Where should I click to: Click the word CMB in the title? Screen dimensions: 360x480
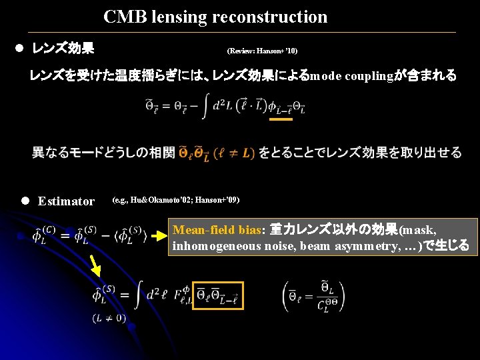[122, 17]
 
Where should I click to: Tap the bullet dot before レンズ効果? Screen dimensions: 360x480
[19, 49]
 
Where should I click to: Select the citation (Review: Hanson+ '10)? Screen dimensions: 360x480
[262, 51]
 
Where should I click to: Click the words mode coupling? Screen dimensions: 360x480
[352, 76]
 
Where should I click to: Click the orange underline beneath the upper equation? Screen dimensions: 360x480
[281, 120]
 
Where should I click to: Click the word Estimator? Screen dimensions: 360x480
[66, 201]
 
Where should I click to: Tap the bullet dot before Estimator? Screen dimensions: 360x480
[25, 200]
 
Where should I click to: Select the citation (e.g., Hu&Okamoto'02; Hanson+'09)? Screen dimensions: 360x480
[176, 200]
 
